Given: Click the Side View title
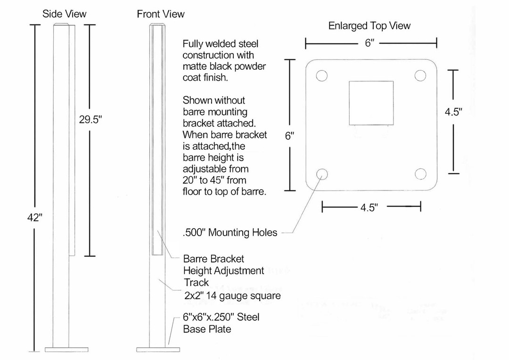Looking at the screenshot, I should (x=65, y=14).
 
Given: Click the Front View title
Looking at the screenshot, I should (x=161, y=14).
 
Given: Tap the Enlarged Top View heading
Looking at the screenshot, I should (x=369, y=26).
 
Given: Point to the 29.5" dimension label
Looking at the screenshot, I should (x=90, y=120).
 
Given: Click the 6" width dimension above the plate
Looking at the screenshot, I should (x=369, y=43).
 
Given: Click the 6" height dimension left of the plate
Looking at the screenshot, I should (x=289, y=136).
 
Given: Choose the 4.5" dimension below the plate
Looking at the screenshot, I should (x=369, y=208).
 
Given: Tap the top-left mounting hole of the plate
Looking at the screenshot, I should (x=321, y=76).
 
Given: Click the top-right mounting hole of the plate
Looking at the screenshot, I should (x=420, y=76).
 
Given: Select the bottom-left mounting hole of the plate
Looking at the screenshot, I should (x=322, y=173).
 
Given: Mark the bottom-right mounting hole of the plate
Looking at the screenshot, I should (x=420, y=173).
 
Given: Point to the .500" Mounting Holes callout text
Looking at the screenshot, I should (x=230, y=232).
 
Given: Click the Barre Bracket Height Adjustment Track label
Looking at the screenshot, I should (x=223, y=270).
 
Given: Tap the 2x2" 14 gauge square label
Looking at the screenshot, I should (x=232, y=296).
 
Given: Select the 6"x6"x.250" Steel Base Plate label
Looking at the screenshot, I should (x=221, y=323).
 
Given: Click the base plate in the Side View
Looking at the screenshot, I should (x=65, y=350).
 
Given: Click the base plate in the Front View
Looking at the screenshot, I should (x=158, y=350).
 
